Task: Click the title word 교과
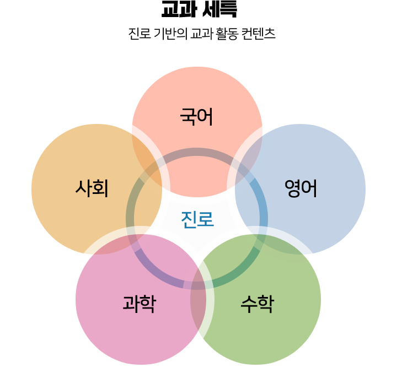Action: tap(179, 9)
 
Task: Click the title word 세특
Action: tap(220, 9)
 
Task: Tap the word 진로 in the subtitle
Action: tap(140, 34)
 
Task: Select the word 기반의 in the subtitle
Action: tap(170, 34)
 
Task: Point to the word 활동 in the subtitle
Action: tap(227, 34)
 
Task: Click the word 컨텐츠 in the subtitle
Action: tap(259, 34)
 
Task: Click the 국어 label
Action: tap(196, 117)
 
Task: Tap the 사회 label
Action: tap(92, 188)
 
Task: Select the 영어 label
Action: tap(301, 188)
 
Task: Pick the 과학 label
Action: tap(140, 304)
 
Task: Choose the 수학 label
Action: tap(257, 304)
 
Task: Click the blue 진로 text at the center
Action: tap(197, 219)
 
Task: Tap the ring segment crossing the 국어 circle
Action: tap(197, 152)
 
